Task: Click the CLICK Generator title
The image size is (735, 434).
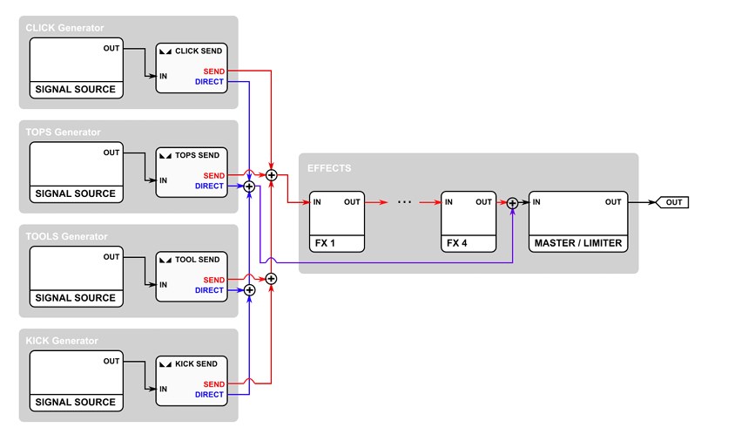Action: click(x=64, y=28)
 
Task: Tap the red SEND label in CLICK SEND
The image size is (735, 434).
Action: click(x=213, y=71)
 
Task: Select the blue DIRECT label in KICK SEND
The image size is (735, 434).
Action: click(x=209, y=395)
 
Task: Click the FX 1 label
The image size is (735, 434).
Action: click(x=325, y=243)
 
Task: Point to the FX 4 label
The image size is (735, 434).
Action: click(x=456, y=243)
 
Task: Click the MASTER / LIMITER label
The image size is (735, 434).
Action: click(x=578, y=243)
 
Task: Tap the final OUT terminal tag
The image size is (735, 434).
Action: click(x=672, y=202)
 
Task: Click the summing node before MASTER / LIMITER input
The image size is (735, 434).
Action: click(x=512, y=203)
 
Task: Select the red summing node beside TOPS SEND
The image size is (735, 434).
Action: click(x=272, y=175)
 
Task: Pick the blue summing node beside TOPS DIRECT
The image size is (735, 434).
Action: click(x=249, y=186)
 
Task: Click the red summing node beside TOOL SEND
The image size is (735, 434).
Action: click(x=271, y=279)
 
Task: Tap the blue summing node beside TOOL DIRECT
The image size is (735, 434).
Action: click(x=249, y=290)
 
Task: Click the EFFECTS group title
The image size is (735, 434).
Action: click(x=329, y=168)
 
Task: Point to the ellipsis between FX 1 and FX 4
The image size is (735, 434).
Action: click(x=405, y=202)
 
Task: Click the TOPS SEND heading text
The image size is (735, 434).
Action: click(x=197, y=155)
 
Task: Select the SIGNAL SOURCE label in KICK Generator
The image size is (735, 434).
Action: click(x=76, y=402)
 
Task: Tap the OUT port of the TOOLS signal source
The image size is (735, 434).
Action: click(x=111, y=256)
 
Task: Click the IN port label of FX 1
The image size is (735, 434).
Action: click(x=317, y=202)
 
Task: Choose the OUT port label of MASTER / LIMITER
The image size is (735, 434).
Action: click(x=613, y=202)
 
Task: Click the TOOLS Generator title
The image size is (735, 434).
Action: click(x=66, y=236)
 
